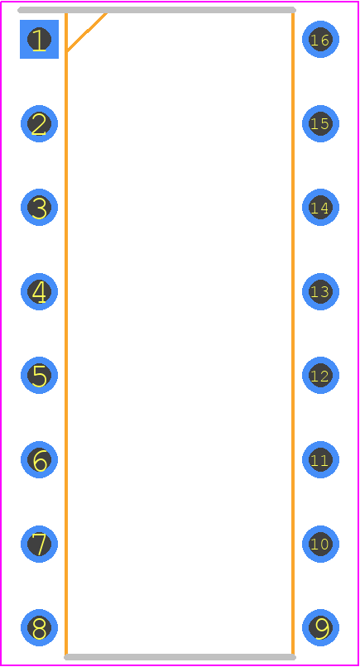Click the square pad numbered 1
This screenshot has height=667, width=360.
pyautogui.click(x=39, y=39)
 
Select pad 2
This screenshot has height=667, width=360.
pyautogui.click(x=39, y=124)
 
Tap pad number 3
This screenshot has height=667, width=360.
pyautogui.click(x=39, y=208)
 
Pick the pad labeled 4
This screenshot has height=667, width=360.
pyautogui.click(x=39, y=292)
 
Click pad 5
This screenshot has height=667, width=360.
pyautogui.click(x=39, y=376)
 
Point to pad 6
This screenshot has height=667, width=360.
pyautogui.click(x=39, y=460)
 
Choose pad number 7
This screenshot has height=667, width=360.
pyautogui.click(x=39, y=544)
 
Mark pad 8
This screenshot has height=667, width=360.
pyautogui.click(x=39, y=628)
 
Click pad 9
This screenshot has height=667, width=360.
pyautogui.click(x=320, y=628)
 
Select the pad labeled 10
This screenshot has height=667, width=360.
pyautogui.click(x=320, y=544)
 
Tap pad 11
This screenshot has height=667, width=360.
pyautogui.click(x=320, y=460)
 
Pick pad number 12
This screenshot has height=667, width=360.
pyautogui.click(x=320, y=376)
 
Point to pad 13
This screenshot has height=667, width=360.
pyautogui.click(x=320, y=292)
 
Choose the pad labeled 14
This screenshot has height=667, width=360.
pyautogui.click(x=320, y=208)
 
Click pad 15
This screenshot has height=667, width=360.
pyautogui.click(x=320, y=124)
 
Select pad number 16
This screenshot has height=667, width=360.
pyautogui.click(x=320, y=39)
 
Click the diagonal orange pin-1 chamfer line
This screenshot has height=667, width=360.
pyautogui.click(x=86, y=32)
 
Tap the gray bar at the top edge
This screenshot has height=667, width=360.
pyautogui.click(x=156, y=10)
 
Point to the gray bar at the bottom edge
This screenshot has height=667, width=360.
pyautogui.click(x=180, y=657)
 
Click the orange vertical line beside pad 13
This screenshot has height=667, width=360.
pyautogui.click(x=293, y=333)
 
